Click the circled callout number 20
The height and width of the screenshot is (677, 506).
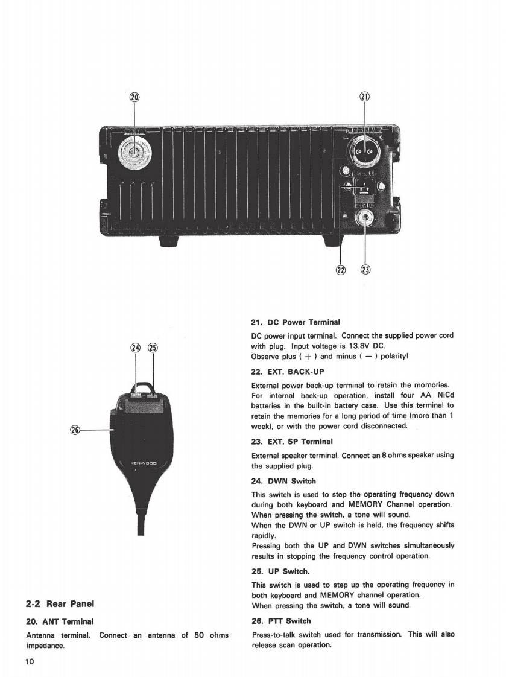pos(133,98)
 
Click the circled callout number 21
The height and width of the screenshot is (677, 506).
pos(365,98)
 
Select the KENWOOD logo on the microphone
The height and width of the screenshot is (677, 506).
pos(144,464)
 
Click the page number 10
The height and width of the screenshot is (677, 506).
pos(30,661)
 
